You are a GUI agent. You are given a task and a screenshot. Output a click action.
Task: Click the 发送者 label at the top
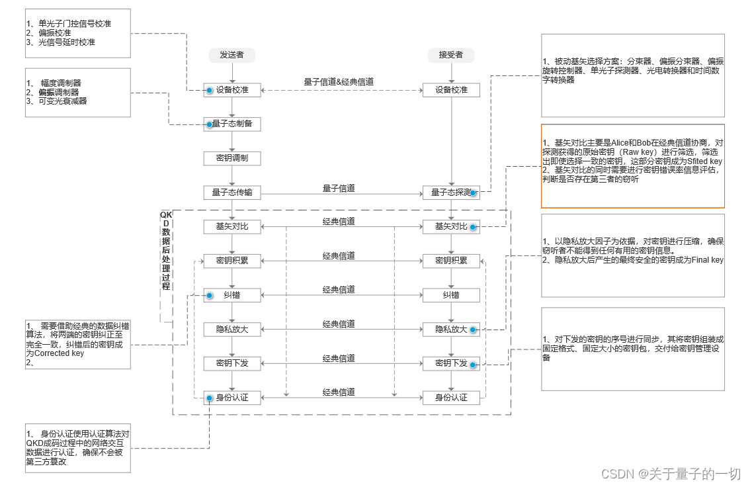point(231,55)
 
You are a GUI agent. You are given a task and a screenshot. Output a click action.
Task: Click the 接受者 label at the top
point(450,55)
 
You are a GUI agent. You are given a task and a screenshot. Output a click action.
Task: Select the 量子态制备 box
point(232,124)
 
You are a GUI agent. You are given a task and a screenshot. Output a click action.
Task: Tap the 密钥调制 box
point(232,158)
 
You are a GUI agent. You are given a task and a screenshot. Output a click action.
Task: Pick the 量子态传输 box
point(232,193)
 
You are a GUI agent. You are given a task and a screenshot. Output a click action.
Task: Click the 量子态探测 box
point(451,193)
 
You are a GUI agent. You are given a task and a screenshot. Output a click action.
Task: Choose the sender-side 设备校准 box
point(232,89)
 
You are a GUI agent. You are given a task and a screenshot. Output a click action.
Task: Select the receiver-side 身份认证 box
point(451,398)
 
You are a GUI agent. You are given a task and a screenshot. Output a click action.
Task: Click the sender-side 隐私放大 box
point(232,329)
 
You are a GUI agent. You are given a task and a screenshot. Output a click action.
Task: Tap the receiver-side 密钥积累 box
point(451,261)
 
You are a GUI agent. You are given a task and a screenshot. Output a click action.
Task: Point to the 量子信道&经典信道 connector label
point(339,81)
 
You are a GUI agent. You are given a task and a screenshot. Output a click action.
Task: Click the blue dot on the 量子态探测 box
point(473,193)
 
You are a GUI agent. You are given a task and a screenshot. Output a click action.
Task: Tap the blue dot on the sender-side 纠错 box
point(209,295)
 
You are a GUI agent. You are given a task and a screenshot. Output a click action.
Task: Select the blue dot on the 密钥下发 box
point(473,364)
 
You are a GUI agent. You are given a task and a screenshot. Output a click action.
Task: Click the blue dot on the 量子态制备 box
point(209,124)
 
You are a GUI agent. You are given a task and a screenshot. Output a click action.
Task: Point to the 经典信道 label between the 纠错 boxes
point(339,290)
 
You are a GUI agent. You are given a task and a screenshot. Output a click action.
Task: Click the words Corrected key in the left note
point(59,353)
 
